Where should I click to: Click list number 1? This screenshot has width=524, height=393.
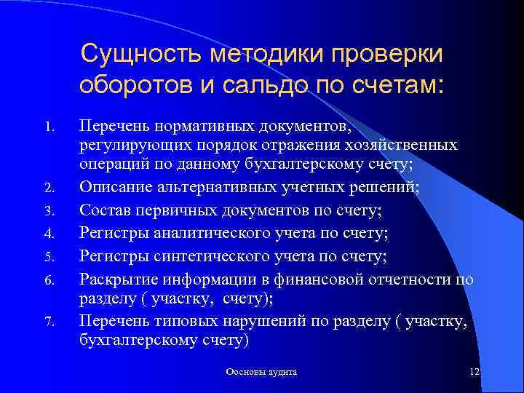coord(49,127)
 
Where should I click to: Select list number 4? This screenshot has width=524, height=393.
coord(49,235)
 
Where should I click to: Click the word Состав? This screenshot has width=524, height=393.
coord(104,211)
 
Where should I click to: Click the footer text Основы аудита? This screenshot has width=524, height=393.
coord(261,372)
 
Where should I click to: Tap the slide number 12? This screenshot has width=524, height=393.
coord(475,372)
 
